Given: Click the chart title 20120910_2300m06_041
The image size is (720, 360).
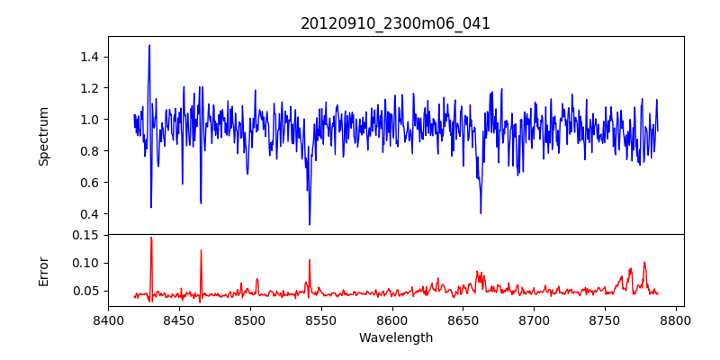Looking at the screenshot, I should tap(395, 23).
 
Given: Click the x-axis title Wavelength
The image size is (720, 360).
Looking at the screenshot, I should tap(395, 337).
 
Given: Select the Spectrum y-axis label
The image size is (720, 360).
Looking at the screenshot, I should tap(44, 136).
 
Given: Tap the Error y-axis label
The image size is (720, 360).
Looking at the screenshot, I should tap(44, 270).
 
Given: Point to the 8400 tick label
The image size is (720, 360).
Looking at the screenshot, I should tap(108, 319).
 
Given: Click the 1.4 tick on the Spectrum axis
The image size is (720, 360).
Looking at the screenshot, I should tap(88, 57).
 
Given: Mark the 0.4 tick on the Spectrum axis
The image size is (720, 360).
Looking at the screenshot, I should tap(88, 213).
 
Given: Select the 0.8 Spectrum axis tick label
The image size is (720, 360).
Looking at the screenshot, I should tap(88, 150).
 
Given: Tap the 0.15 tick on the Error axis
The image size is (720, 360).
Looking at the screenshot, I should tap(85, 235).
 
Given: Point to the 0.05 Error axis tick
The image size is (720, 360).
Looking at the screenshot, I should tap(85, 291).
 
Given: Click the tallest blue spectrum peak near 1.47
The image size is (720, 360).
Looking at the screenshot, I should tap(149, 45).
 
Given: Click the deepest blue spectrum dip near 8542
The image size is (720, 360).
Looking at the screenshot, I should tap(310, 224).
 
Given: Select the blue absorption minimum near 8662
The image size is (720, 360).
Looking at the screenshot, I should tap(481, 213).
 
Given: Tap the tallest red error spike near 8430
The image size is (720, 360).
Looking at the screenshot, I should tap(151, 238).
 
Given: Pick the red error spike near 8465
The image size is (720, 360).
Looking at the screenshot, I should tap(201, 250).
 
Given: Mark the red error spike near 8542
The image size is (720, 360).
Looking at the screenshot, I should tap(310, 260).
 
